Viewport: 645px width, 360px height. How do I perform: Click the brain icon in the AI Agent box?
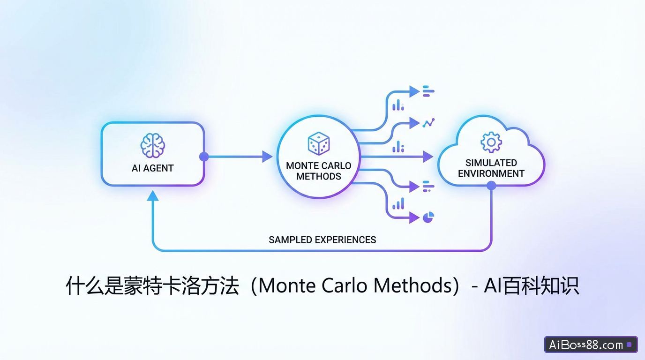152,145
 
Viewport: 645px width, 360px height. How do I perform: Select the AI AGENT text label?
153,168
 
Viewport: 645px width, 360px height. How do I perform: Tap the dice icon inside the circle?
318,143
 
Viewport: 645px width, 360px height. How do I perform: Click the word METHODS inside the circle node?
319,177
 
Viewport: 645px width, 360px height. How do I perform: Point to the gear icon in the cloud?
491,142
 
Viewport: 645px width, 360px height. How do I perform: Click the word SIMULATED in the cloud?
491,163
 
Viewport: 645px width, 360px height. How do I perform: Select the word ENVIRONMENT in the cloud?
491,173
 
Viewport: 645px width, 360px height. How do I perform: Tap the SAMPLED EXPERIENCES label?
322,240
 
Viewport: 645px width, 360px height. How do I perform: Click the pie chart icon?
428,217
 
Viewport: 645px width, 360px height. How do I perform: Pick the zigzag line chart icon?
428,123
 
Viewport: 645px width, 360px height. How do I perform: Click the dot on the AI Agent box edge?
204,157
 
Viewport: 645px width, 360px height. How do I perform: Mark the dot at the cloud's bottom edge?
491,186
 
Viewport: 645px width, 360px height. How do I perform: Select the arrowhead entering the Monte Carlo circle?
267,157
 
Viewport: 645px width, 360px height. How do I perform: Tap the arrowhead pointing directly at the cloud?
427,157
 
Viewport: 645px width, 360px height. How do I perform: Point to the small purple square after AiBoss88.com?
629,345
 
